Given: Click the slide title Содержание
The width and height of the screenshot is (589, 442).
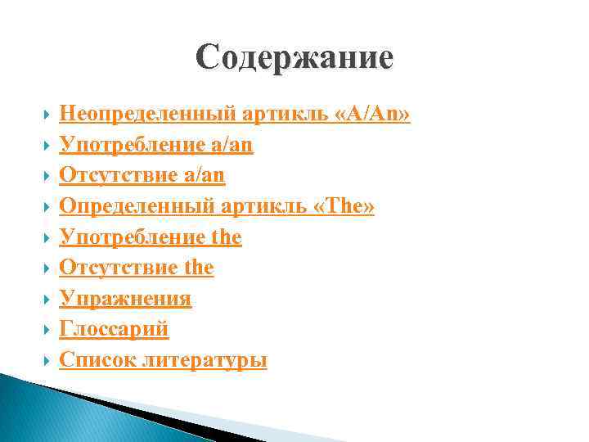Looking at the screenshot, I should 294,58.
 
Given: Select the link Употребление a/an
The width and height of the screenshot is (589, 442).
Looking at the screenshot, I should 156,146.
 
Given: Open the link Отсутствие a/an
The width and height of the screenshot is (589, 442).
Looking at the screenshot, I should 142,176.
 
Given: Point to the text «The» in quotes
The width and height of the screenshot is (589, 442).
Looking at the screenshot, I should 344,207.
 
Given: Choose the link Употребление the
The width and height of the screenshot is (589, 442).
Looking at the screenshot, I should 151,237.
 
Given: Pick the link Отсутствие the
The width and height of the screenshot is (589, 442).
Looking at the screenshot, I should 137,268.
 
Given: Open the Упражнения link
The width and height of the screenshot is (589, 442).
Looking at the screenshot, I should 125,299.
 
